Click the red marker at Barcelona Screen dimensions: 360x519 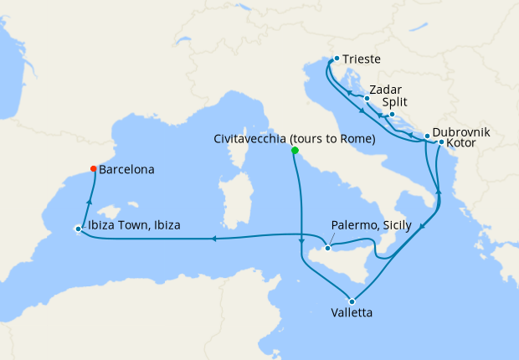(x=93, y=168)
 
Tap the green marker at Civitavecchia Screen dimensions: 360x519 (x=295, y=151)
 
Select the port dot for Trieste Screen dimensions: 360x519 (x=337, y=59)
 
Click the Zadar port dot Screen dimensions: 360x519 (x=367, y=98)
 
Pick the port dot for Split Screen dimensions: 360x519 (x=392, y=114)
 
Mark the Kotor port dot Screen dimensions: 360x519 (x=441, y=142)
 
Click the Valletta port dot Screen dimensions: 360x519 (x=352, y=301)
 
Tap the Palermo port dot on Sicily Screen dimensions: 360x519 (x=328, y=248)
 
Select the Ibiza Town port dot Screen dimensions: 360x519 (x=78, y=229)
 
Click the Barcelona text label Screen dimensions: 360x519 (x=126, y=169)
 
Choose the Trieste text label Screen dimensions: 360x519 (x=362, y=59)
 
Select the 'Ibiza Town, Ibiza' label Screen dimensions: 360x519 (x=134, y=225)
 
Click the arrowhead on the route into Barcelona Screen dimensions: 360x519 (x=88, y=198)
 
